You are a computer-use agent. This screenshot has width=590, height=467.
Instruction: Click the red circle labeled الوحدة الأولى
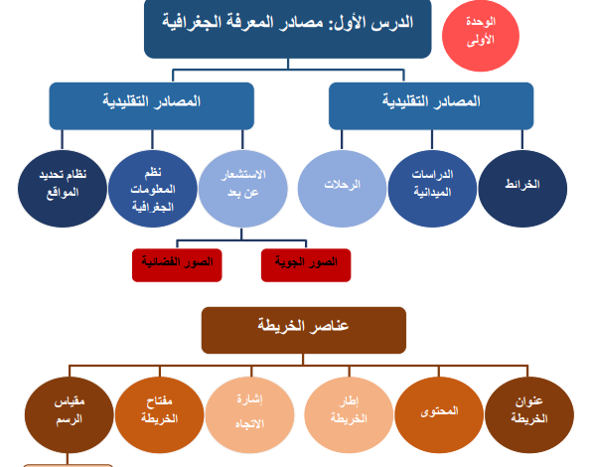481,36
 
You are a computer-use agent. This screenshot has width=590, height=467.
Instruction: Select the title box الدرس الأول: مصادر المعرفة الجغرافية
288,29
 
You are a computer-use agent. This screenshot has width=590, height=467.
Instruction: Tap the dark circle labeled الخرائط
522,189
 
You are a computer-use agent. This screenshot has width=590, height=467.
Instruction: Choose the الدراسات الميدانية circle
432,189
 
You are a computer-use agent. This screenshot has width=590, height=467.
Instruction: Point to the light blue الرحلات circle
342,189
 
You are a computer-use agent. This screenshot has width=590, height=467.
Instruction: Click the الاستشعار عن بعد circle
243,189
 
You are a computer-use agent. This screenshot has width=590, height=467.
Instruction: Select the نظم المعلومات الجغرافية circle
153,189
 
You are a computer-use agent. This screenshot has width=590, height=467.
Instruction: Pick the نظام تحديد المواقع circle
63,189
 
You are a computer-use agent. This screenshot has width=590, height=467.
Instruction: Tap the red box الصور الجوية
306,265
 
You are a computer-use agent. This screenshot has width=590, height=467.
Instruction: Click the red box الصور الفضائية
177,265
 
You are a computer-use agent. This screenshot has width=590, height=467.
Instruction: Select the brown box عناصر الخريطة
304,330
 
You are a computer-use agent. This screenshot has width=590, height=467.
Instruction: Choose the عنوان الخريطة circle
529,414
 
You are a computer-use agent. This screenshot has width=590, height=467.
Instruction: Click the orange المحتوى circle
439,414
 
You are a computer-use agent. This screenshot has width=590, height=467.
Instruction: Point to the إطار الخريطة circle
349,414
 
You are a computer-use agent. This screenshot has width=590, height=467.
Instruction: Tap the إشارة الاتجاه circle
250,414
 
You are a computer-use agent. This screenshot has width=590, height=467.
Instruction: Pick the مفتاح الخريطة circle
160,414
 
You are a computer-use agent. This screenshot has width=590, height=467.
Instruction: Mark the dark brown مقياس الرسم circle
70,414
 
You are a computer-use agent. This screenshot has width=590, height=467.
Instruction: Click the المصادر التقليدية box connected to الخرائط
431,106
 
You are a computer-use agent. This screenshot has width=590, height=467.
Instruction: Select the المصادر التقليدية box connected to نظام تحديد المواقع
152,106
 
